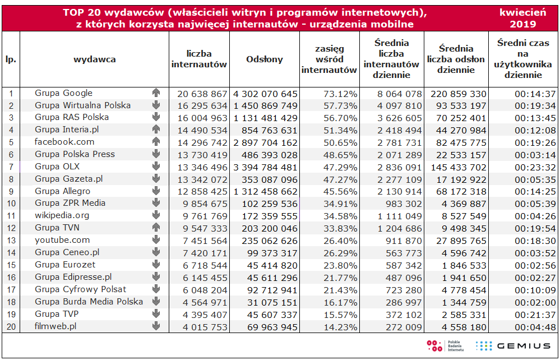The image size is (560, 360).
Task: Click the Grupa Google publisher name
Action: click(63, 93)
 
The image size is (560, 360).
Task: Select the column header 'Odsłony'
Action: click(264, 59)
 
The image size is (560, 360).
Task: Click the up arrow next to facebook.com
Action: click(156, 142)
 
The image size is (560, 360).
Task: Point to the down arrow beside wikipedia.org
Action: click(156, 215)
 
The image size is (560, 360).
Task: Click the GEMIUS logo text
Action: click(524, 346)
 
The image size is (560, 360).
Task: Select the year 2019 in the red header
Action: click(523, 24)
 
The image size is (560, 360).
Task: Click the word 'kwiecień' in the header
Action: click(523, 12)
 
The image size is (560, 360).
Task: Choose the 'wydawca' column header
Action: click(95, 59)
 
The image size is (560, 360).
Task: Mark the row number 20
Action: click(11, 326)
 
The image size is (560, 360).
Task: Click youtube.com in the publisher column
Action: click(62, 240)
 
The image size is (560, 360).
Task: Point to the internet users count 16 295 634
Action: click(202, 106)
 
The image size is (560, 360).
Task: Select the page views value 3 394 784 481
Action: click(265, 167)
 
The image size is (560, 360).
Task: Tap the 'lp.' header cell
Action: click(11, 59)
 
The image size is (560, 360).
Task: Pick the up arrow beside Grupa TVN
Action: click(156, 228)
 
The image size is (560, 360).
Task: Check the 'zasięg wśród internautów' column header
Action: click(329, 59)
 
